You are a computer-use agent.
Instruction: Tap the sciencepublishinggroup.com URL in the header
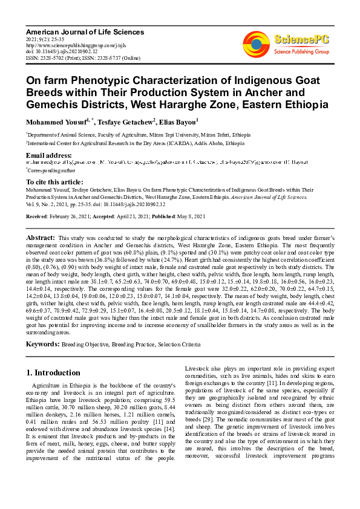[x=67, y=45]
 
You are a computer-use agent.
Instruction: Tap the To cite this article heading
[x=56, y=182]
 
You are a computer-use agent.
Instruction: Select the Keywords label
[x=42, y=344]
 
